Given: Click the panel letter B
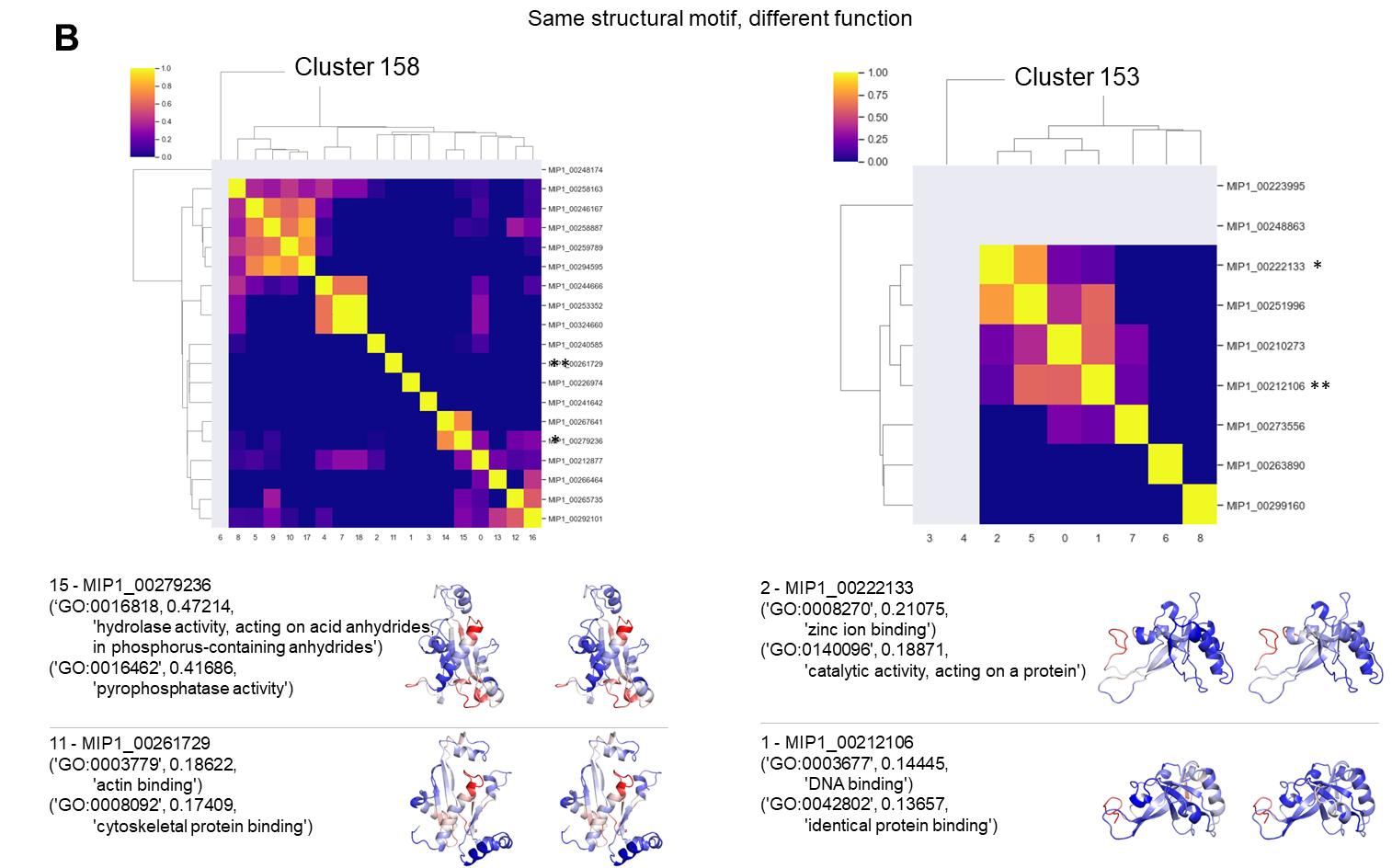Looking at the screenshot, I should point(66,39).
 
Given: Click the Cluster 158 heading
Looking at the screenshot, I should point(357,67).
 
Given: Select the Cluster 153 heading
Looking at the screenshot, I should point(1077,77).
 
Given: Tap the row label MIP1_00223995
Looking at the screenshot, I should point(1265,187).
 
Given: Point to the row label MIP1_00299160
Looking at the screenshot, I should point(1265,506).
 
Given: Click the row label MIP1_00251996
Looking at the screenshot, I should point(1265,306).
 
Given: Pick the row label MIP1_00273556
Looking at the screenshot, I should point(1265,427).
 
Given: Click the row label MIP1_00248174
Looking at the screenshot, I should point(575,170).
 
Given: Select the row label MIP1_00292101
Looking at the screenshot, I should point(575,519).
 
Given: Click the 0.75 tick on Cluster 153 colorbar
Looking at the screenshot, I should point(877,96).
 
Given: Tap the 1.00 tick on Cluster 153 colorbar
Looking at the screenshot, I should point(877,73).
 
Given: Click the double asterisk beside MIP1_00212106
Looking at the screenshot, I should point(1320,386).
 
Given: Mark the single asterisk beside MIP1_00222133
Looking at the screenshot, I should point(1318,266).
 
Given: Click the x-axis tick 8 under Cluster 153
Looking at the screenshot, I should point(1200,539).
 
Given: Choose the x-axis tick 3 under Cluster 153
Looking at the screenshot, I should point(930,539).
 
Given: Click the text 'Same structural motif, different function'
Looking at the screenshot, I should point(720,18).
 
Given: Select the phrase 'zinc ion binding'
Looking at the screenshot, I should point(871,630).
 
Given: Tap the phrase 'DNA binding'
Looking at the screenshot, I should point(858,783).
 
